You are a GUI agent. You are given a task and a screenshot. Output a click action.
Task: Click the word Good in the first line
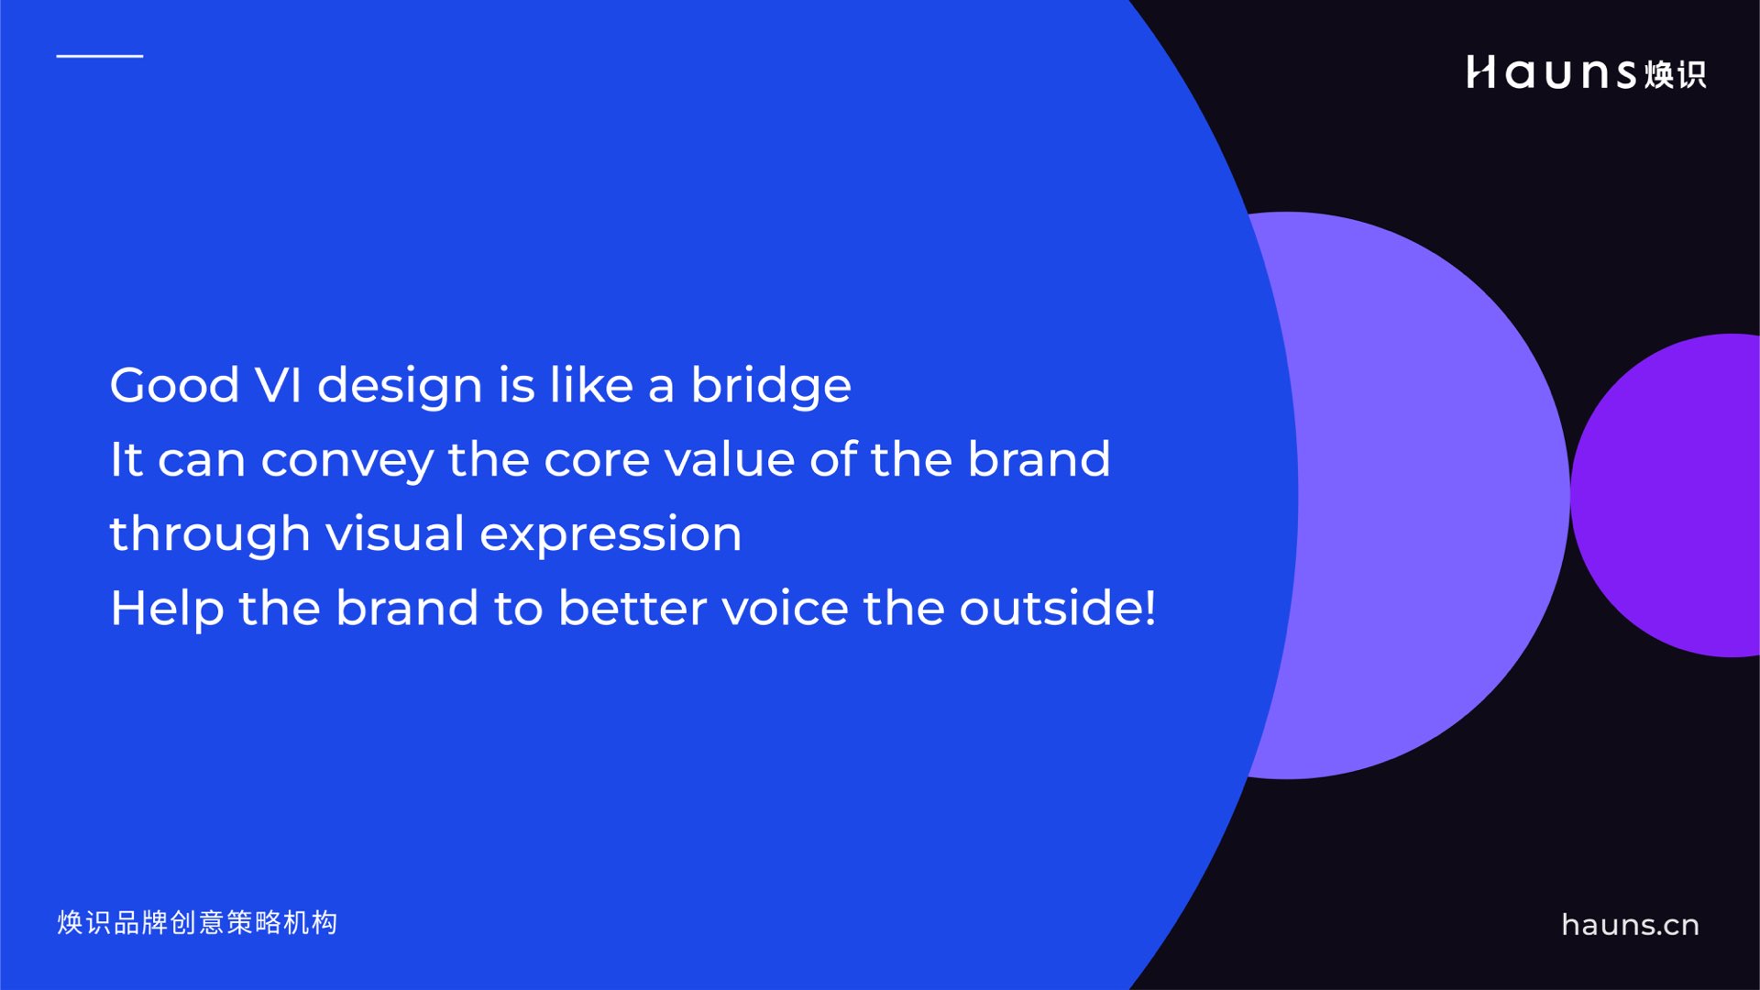coord(174,385)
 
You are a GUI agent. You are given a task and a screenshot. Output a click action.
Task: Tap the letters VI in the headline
coord(278,385)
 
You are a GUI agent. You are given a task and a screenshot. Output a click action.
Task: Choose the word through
coord(210,535)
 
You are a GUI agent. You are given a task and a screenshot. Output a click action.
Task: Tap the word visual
coord(395,533)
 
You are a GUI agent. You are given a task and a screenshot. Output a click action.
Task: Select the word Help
coord(167,610)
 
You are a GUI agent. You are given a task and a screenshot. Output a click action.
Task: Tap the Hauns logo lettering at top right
coord(1551,72)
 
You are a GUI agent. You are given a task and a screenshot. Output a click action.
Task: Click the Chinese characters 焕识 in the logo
coord(1675,74)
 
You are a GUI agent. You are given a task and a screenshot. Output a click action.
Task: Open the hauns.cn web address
coord(1630,925)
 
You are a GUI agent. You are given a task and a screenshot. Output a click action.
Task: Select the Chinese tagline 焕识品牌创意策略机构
coord(197,922)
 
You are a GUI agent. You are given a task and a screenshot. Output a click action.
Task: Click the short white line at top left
coord(100,56)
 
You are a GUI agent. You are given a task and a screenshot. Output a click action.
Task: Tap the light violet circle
coord(1430,495)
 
